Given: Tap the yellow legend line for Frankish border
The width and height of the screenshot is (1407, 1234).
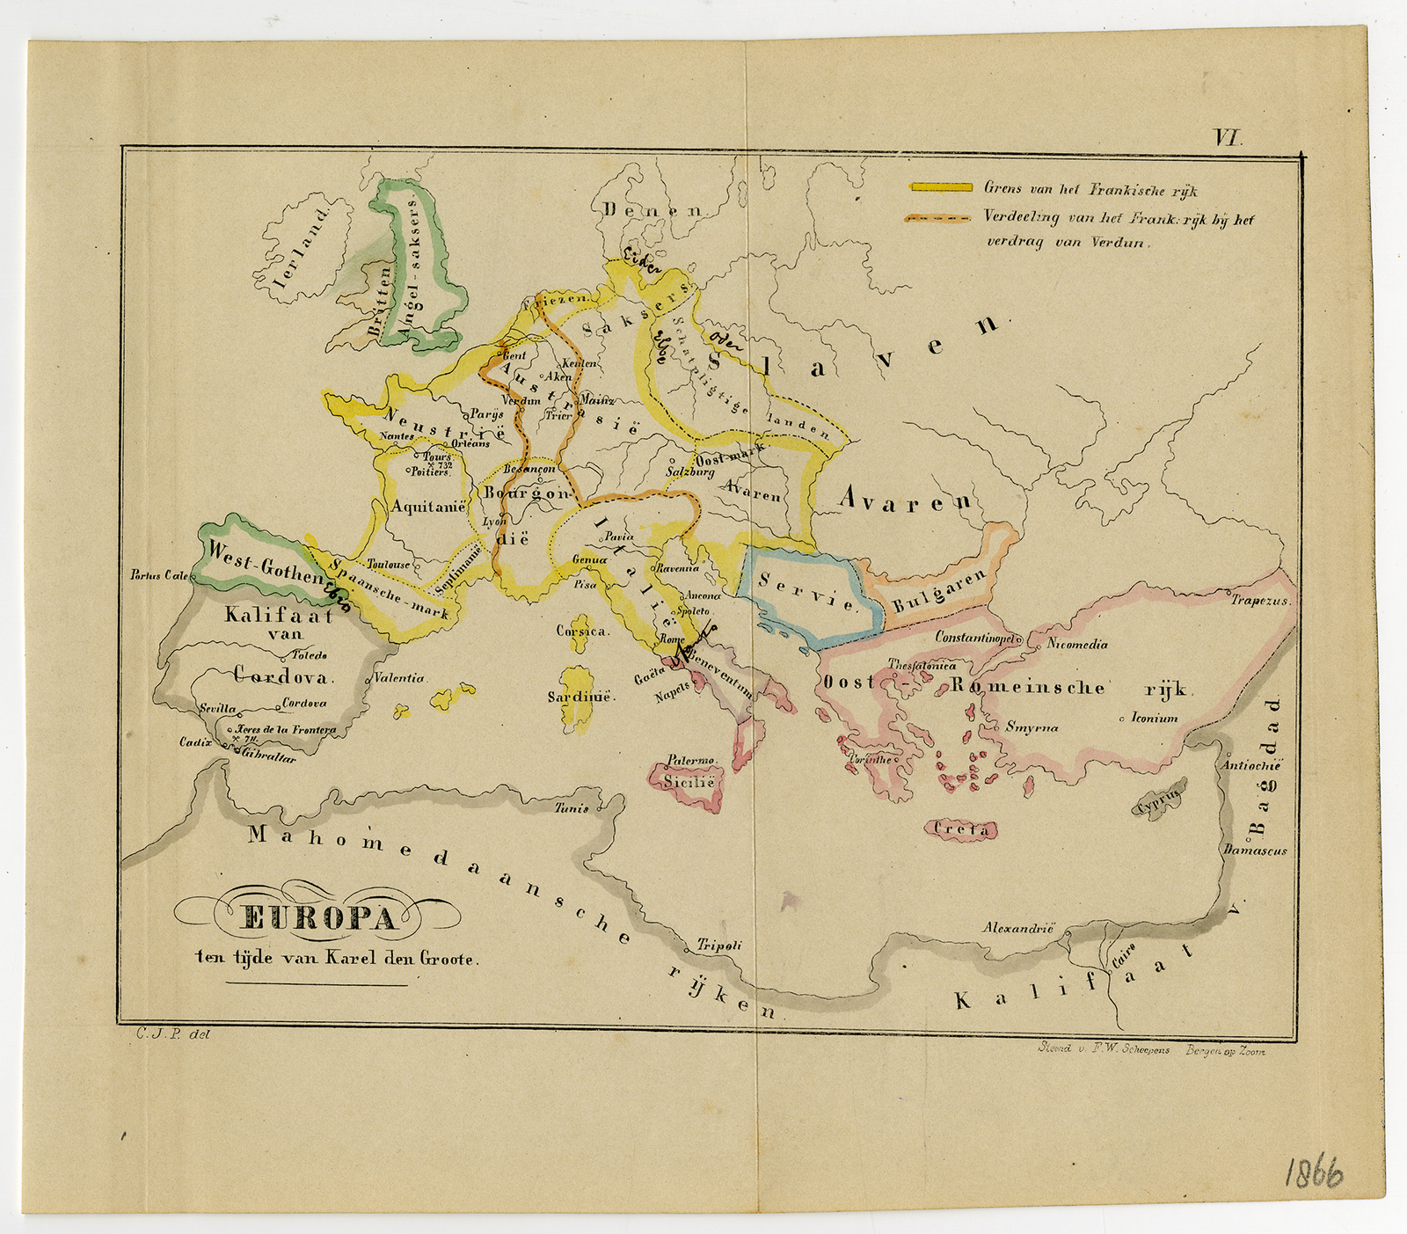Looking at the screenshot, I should pos(940,187).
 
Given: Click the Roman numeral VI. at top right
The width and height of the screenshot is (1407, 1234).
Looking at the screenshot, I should pos(1227,137).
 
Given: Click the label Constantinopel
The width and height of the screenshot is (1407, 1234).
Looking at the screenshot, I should pos(974,637).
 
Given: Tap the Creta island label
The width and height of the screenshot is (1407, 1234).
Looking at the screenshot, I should pos(962,829).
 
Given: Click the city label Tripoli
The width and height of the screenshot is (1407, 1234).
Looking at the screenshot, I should pos(719,946).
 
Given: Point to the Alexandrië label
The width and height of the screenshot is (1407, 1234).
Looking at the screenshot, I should pos(1017,929).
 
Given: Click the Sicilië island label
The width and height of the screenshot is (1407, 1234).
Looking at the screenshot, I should pos(689,780).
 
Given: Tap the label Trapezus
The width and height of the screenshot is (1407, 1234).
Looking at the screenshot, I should pos(1258,602).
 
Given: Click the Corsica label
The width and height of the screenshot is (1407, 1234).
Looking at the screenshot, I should pos(581,631).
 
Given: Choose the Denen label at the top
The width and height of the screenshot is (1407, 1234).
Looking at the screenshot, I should pos(654,210).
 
